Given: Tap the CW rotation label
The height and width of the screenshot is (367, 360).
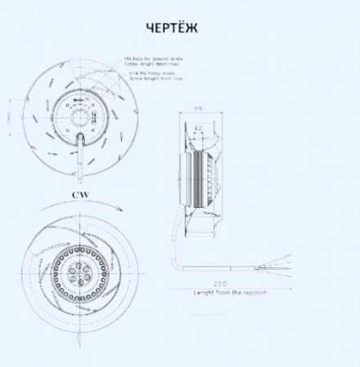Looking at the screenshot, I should coord(78,196).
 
